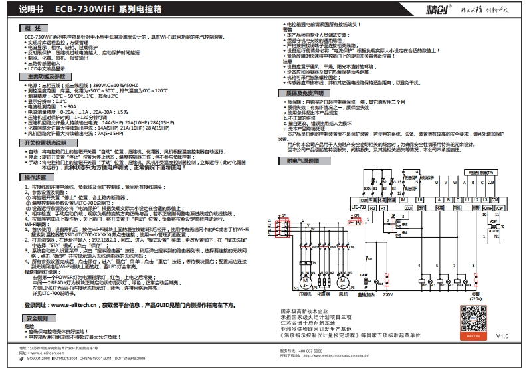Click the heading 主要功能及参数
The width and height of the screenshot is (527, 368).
coord(46,78)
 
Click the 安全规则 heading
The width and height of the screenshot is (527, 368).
coord(39,319)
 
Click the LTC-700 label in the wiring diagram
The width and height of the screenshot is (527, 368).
coord(358,207)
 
